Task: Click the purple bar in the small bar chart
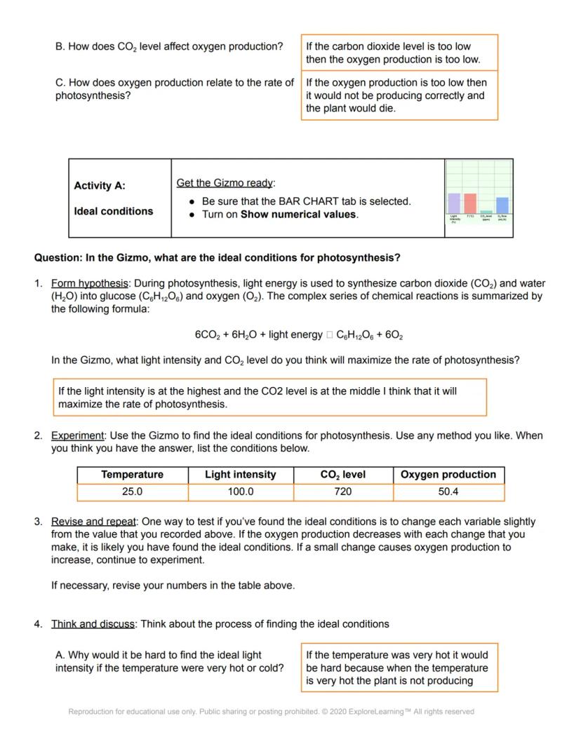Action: (454, 203)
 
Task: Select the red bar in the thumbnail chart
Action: (470, 203)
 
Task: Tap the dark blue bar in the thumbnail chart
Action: (502, 205)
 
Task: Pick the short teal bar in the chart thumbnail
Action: (486, 212)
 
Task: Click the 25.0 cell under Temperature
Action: (132, 492)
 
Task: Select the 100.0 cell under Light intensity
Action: (241, 492)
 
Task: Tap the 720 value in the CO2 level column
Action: (343, 492)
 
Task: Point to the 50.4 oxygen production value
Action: (448, 492)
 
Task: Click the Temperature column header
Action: (132, 475)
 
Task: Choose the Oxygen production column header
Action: (448, 475)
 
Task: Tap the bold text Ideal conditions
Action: (114, 211)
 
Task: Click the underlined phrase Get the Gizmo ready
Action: (226, 183)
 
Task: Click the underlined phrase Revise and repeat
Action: (95, 522)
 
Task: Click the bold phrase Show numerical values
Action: (298, 215)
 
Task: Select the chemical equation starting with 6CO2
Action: (298, 335)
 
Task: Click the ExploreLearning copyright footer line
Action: (271, 712)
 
